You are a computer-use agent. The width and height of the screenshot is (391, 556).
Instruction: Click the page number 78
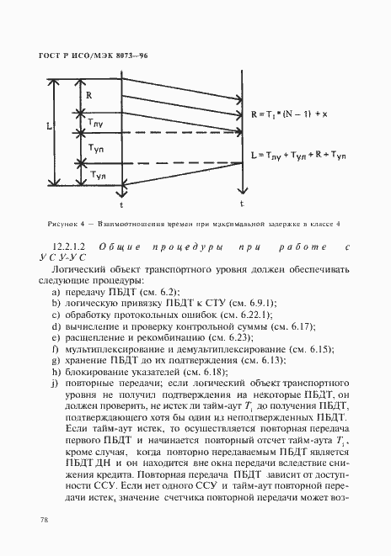(x=43, y=521)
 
